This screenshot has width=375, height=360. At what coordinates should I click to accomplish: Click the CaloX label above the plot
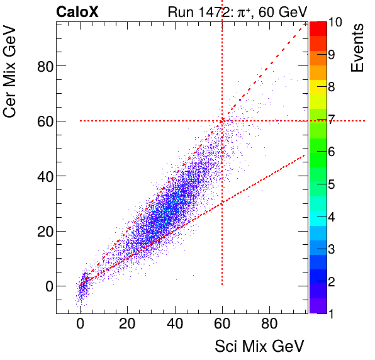point(77,11)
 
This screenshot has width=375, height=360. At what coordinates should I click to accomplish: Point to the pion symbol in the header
point(239,11)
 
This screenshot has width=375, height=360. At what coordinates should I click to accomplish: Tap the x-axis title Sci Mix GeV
point(259,346)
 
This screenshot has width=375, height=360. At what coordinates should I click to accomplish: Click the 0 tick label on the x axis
point(80,325)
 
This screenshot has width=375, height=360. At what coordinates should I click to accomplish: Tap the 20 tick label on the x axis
point(127,325)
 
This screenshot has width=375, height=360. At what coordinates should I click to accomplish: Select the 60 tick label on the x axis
point(222,325)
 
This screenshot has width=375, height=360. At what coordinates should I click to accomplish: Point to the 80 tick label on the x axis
point(269,325)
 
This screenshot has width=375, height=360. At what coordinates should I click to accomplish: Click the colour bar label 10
point(335,22)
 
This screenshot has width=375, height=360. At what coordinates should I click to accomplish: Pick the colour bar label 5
point(332,184)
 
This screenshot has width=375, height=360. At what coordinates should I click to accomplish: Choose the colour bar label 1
point(332,313)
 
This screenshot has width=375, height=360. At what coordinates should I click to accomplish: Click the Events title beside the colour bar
point(357,48)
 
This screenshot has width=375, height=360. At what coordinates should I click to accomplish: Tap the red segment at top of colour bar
point(317,28)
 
